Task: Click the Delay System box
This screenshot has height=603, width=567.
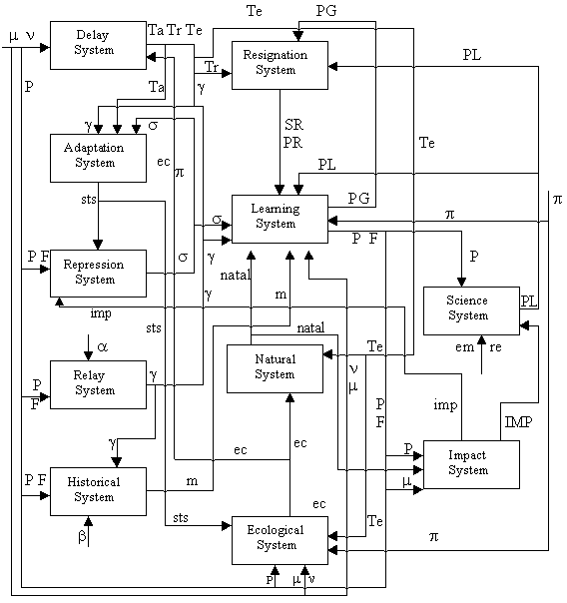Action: [98, 45]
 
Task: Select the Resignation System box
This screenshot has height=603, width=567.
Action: [280, 65]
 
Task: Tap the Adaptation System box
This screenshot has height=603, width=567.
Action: [98, 158]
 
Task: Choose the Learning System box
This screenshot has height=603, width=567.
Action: [280, 219]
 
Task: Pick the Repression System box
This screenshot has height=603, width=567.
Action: [98, 274]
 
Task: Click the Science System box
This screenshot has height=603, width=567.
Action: [471, 310]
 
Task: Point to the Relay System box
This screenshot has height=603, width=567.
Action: [98, 384]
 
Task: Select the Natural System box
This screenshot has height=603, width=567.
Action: [275, 368]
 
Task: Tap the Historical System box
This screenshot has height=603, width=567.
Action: [98, 491]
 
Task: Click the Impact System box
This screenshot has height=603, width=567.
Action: [471, 464]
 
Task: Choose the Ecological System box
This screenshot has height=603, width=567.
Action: [280, 541]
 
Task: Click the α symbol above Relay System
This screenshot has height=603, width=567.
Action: [102, 347]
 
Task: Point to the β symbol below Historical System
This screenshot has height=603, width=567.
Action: [82, 536]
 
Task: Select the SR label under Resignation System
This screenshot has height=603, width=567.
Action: [294, 125]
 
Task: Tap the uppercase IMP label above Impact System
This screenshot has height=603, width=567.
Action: [518, 422]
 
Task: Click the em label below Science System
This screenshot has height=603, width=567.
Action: [464, 347]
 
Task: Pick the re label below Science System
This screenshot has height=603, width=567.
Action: [495, 347]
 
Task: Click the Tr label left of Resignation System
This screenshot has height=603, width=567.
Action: [212, 67]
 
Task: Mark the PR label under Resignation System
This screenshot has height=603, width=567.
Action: [293, 143]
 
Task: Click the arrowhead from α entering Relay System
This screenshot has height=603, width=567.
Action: [89, 355]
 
